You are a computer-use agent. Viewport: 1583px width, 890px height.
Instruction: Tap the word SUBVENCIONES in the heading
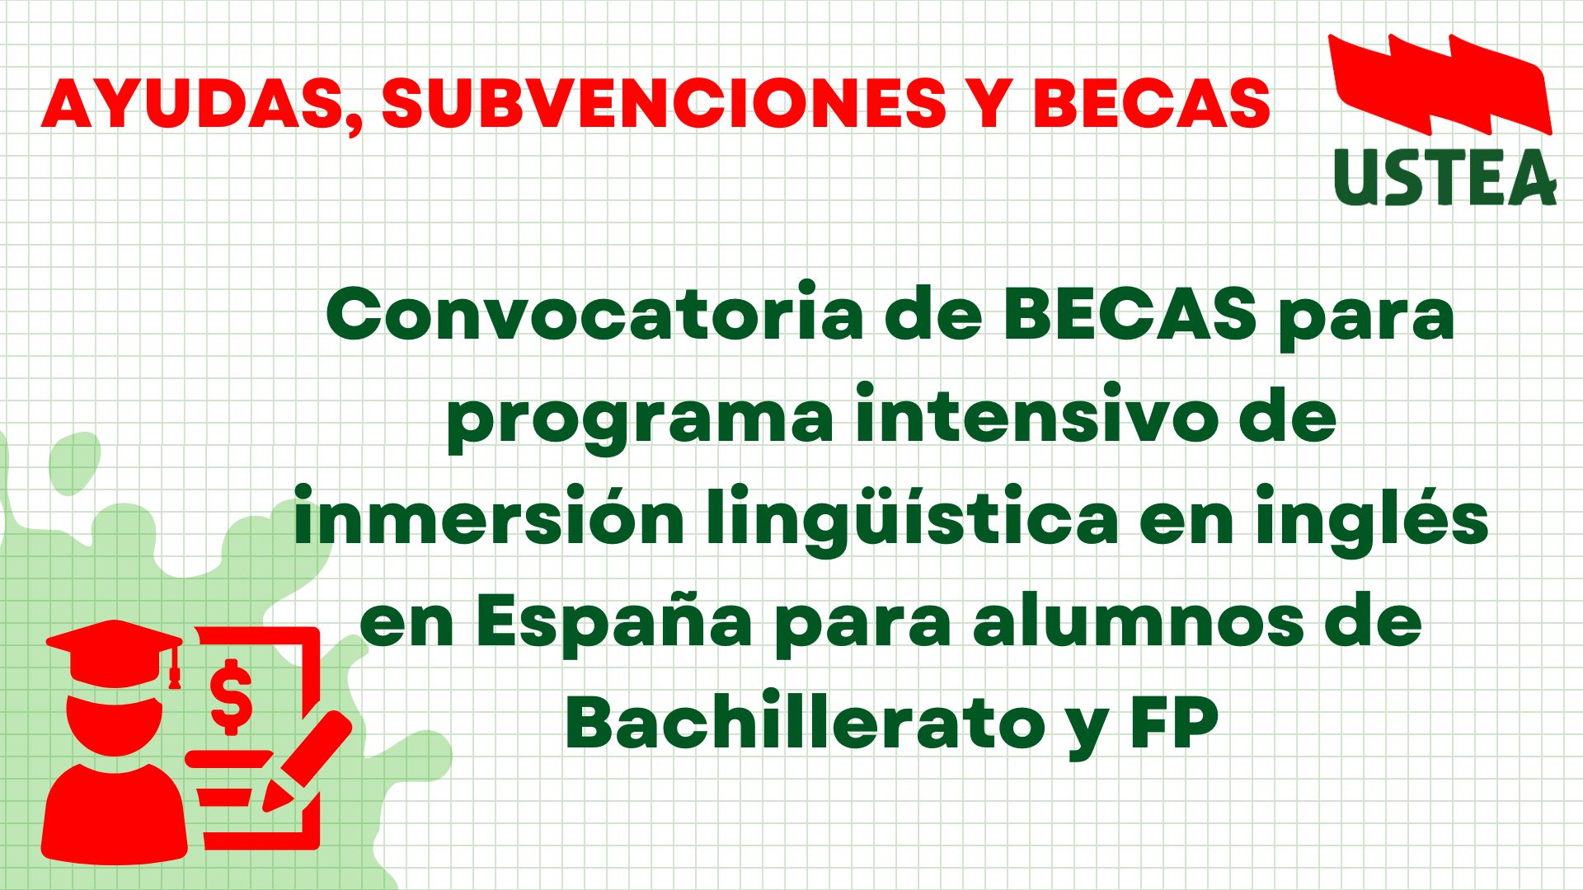(664, 103)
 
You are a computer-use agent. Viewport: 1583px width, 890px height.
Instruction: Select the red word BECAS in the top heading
(1151, 103)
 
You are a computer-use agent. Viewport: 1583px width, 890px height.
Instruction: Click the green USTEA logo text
(1444, 177)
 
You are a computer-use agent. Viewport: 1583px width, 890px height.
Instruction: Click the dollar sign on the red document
(232, 697)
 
